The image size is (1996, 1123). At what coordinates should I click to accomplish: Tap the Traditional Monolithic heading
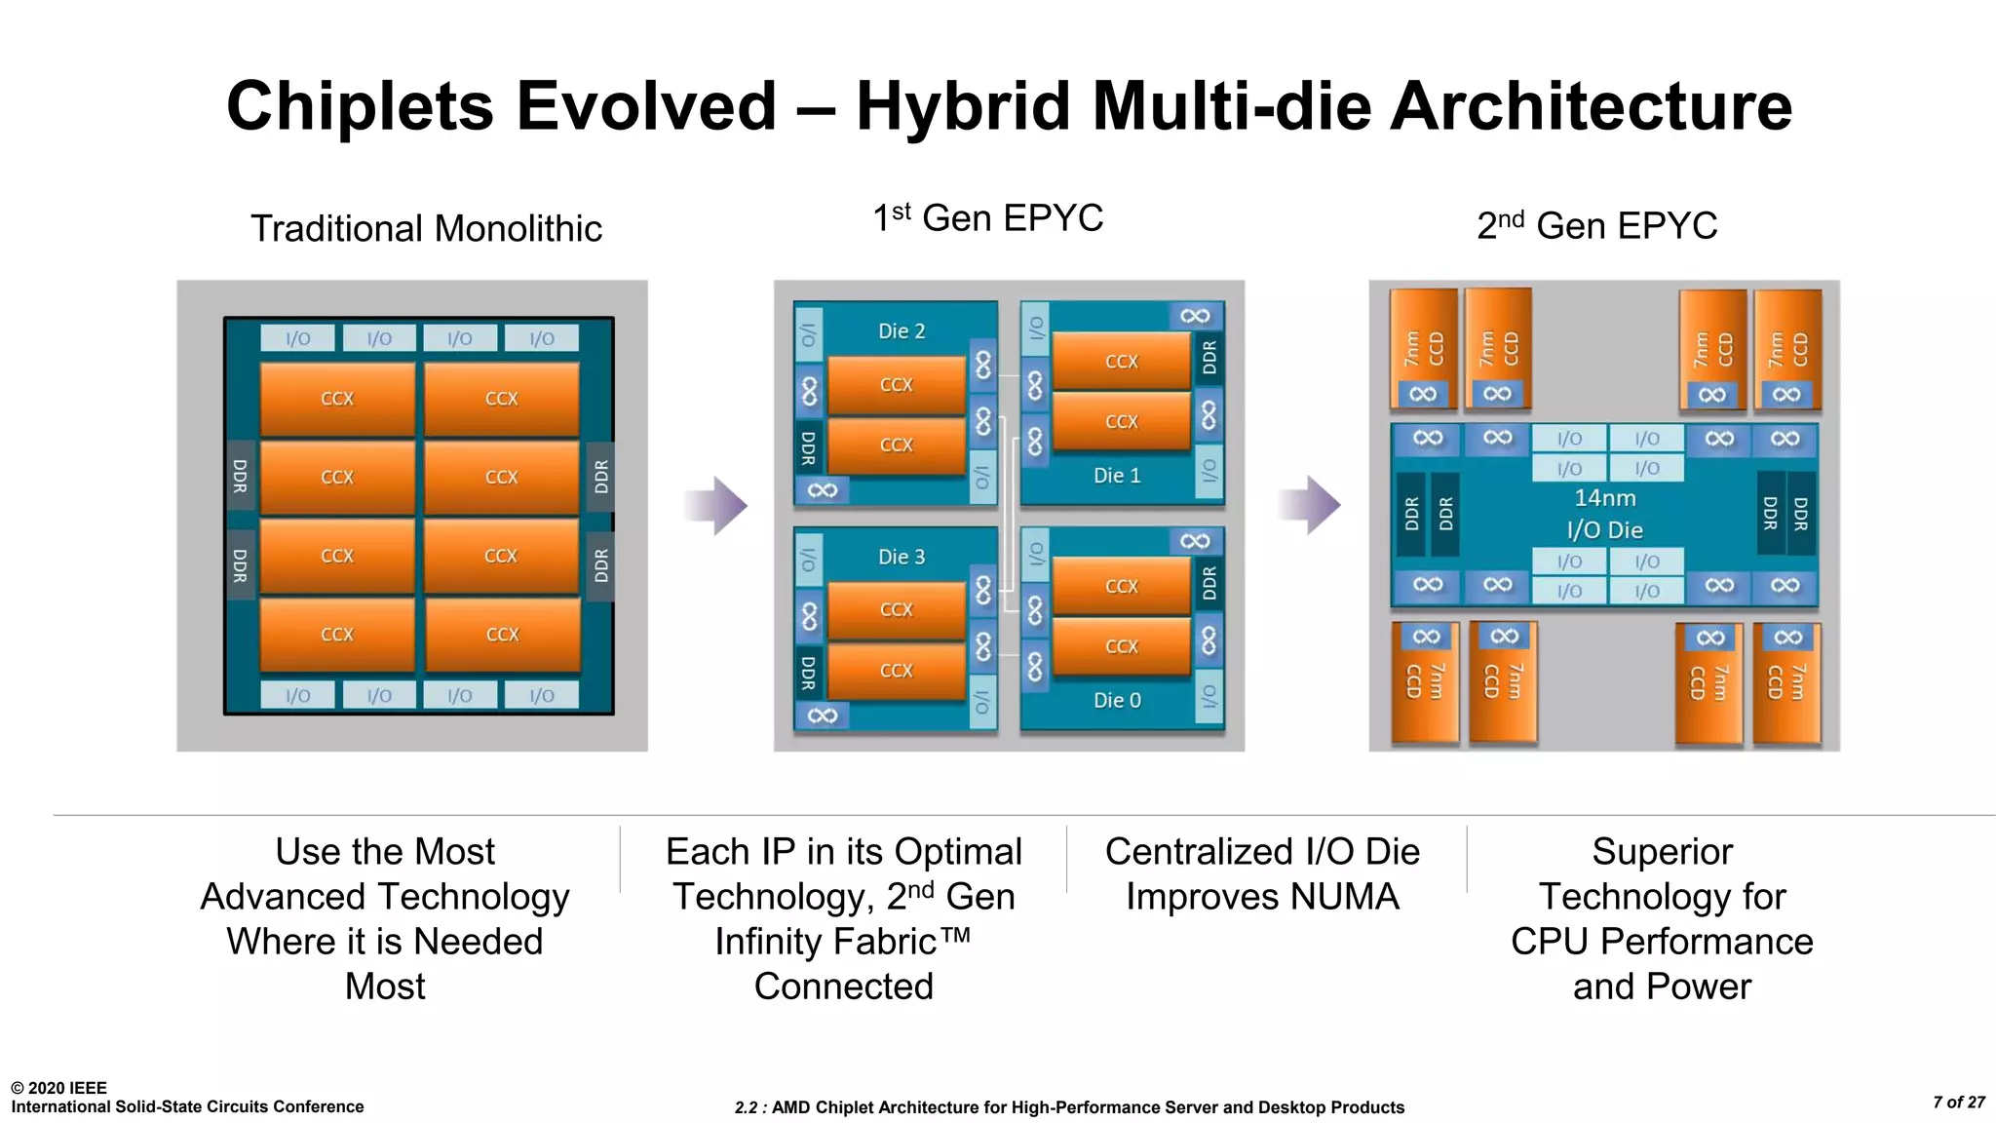[426, 229]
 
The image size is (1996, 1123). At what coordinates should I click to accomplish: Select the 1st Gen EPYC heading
[987, 218]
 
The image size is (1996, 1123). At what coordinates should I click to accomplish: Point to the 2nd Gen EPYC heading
[1596, 226]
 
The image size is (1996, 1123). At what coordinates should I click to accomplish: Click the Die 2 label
[902, 331]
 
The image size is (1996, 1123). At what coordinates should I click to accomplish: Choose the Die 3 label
[902, 558]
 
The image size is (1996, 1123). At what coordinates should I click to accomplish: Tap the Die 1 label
[1117, 476]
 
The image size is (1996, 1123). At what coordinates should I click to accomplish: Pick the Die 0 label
[1117, 701]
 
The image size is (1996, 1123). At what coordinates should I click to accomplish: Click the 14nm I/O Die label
[1605, 514]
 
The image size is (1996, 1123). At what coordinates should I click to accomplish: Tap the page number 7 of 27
[1959, 1103]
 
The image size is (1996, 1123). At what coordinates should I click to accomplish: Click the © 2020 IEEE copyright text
[58, 1088]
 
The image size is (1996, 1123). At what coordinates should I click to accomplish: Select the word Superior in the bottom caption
[1662, 852]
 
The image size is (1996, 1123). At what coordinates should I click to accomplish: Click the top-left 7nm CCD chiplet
[1423, 348]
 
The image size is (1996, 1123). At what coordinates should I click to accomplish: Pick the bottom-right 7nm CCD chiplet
[1786, 682]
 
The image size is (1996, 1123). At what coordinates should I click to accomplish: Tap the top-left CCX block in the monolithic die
[337, 399]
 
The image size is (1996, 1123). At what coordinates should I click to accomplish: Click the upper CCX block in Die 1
[1122, 362]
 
